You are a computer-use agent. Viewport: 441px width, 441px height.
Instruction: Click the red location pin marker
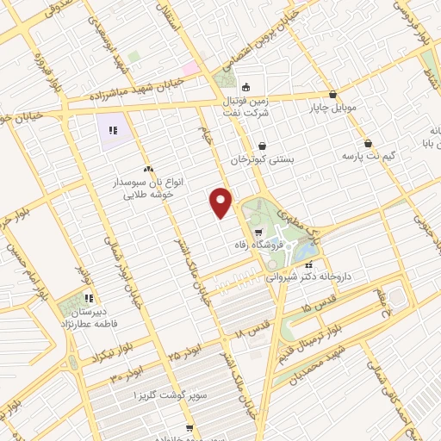tap(221, 202)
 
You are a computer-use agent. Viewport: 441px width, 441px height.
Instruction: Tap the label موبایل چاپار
tap(332, 109)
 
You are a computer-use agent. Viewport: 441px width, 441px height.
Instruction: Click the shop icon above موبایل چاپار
tap(332, 96)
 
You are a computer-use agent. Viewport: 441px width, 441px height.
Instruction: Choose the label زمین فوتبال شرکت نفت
tap(251, 107)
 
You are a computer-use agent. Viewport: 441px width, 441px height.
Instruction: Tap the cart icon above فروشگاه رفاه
tap(258, 233)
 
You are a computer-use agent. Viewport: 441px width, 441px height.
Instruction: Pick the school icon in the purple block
tap(112, 131)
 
